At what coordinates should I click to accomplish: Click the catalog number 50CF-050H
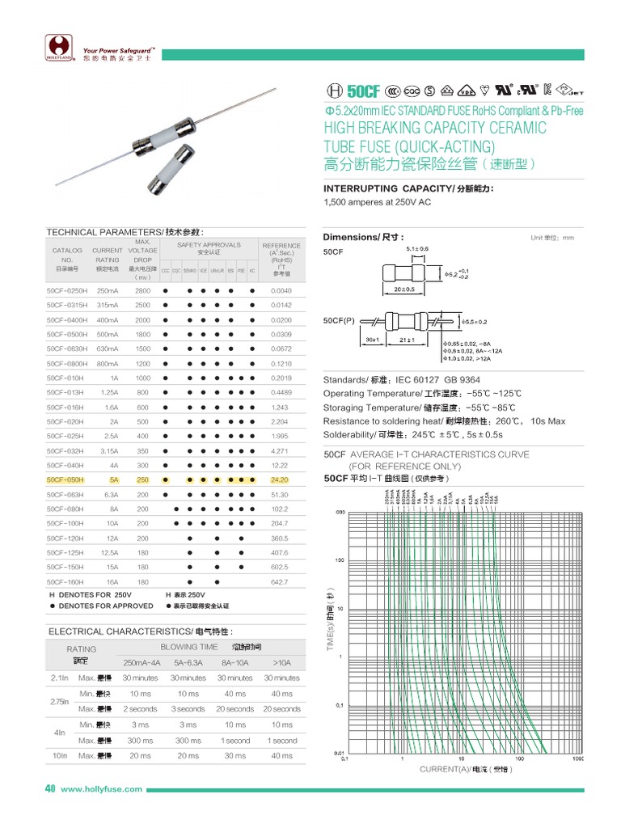tap(65, 479)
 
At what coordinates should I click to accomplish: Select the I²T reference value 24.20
tap(280, 479)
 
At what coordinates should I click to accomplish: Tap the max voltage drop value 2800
tap(142, 289)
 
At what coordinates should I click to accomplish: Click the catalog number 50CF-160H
tap(65, 581)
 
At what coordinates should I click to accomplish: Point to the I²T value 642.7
tap(280, 581)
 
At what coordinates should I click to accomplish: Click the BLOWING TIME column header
tap(189, 647)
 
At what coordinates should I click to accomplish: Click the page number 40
tap(49, 788)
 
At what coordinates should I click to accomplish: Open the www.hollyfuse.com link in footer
tap(102, 789)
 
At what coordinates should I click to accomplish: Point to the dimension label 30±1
tap(373, 340)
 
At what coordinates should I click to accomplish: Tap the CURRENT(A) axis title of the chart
tap(464, 769)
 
